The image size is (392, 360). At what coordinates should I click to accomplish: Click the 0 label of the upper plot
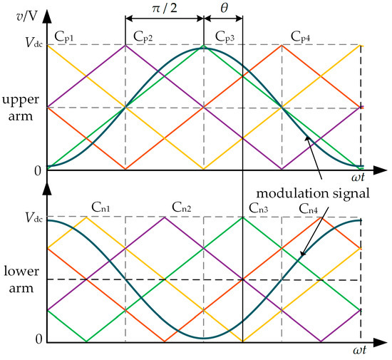pyautogui.click(x=28, y=170)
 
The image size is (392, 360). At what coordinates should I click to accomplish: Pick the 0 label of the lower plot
pyautogui.click(x=28, y=340)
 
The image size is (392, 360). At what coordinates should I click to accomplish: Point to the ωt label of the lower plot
pyautogui.click(x=371, y=352)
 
